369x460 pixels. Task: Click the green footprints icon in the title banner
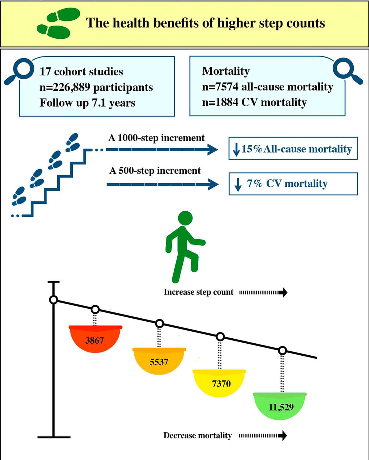pyautogui.click(x=58, y=23)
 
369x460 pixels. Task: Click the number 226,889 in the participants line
pyautogui.click(x=71, y=87)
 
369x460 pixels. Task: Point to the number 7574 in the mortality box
pyautogui.click(x=226, y=86)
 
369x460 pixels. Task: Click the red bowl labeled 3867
pyautogui.click(x=95, y=339)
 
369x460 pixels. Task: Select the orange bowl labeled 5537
pyautogui.click(x=159, y=361)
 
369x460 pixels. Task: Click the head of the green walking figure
pyautogui.click(x=185, y=218)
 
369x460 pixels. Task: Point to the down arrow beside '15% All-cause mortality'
pyautogui.click(x=236, y=150)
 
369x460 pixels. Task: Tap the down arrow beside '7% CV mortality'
pyautogui.click(x=238, y=185)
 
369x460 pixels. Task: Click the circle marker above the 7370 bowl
pyautogui.click(x=220, y=337)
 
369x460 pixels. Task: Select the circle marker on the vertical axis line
pyautogui.click(x=54, y=300)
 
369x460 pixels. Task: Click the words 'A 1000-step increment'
pyautogui.click(x=156, y=138)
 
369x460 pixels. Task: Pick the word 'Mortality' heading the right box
pyautogui.click(x=226, y=71)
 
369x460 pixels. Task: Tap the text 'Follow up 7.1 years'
pyautogui.click(x=87, y=103)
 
